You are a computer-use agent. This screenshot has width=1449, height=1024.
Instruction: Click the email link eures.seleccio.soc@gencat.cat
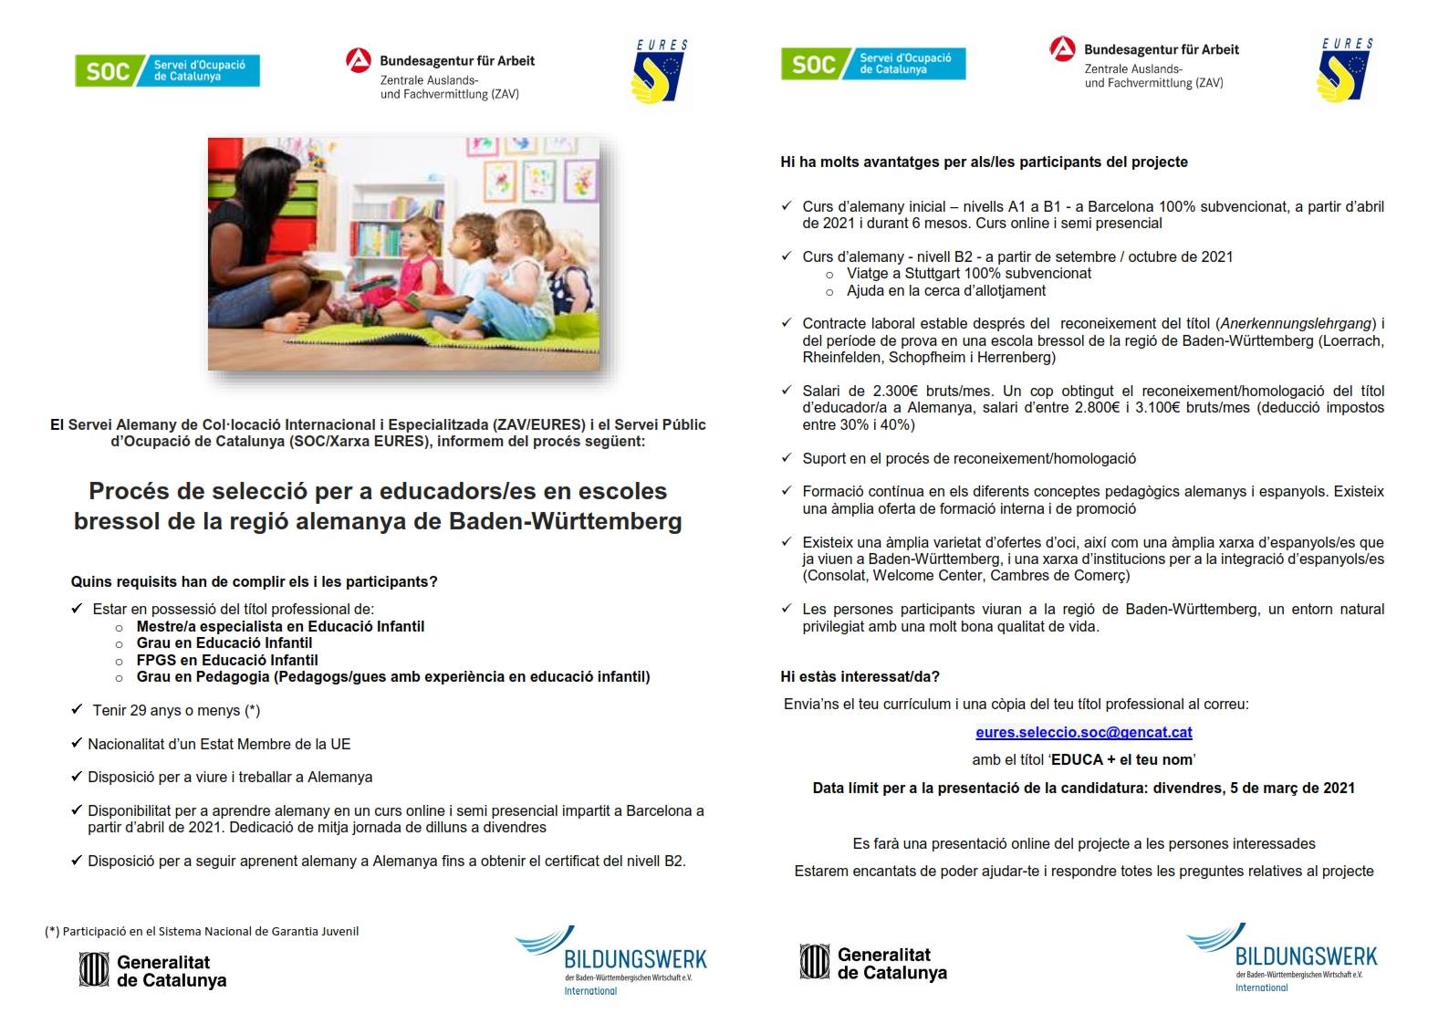(1083, 732)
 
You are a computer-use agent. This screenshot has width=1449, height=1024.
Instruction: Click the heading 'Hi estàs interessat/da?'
(860, 676)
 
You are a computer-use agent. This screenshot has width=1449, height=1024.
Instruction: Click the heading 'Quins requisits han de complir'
(254, 581)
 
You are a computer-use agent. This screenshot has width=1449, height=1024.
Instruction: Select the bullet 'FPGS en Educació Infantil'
(227, 660)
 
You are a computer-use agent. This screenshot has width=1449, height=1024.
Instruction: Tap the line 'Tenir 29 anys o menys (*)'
(176, 710)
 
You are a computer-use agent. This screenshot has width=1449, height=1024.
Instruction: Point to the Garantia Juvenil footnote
(202, 932)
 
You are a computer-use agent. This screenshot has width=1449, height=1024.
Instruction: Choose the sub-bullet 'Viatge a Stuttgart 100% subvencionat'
(968, 274)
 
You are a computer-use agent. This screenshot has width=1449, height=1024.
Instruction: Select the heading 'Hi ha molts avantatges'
(984, 162)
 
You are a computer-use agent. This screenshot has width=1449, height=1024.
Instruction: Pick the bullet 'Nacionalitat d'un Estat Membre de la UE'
(219, 744)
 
